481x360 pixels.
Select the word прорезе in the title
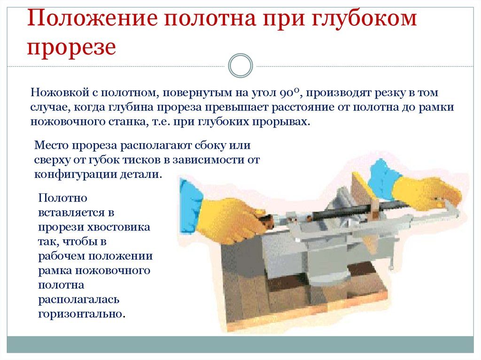tap(71, 47)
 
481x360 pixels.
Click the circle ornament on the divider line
tap(240, 65)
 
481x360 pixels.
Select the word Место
tap(51, 145)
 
